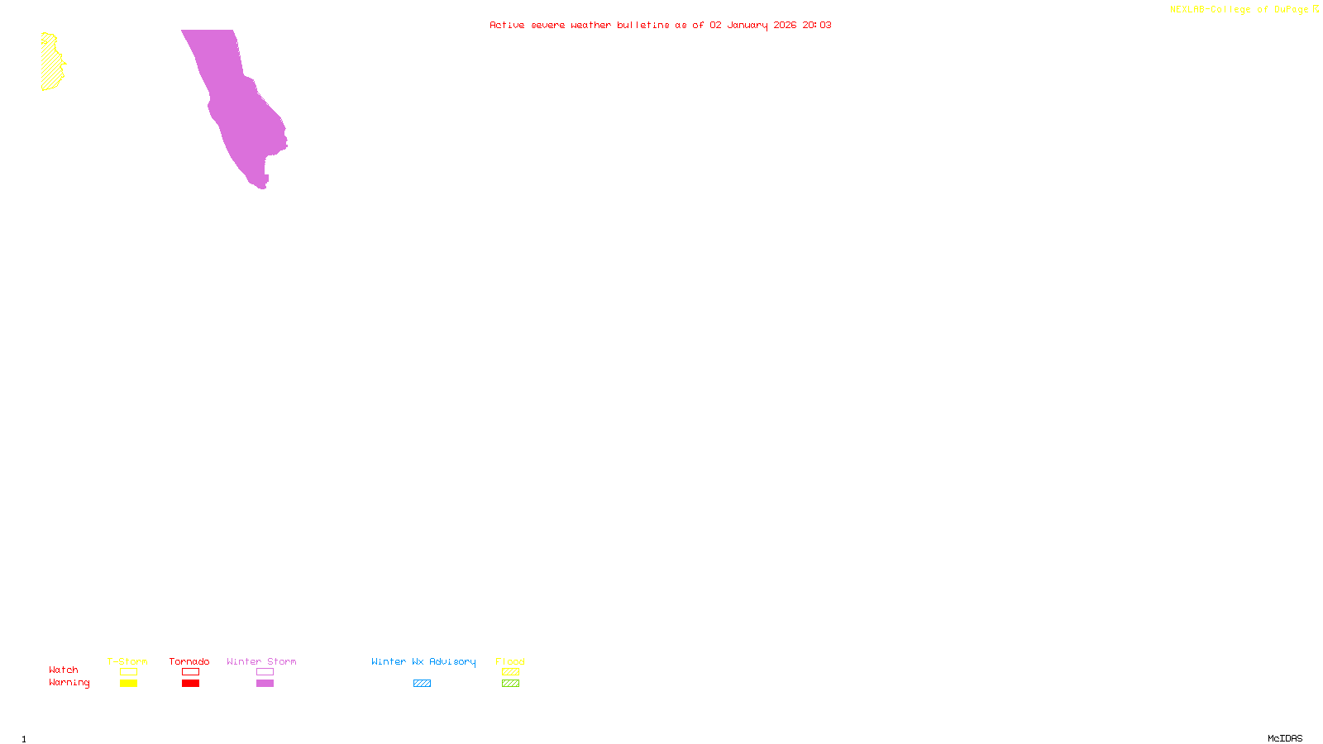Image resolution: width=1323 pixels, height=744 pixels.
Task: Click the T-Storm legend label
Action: (127, 661)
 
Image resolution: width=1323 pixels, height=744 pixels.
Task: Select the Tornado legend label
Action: (189, 661)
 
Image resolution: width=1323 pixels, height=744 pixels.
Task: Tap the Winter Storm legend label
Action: (261, 661)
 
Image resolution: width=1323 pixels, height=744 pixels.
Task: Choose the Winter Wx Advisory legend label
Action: (423, 661)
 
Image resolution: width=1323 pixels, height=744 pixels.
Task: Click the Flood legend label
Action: (510, 661)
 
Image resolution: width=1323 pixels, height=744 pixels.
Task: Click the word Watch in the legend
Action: (64, 670)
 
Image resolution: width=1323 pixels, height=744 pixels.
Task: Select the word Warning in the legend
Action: (69, 683)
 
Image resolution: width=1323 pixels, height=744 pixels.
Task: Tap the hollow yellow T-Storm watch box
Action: (128, 672)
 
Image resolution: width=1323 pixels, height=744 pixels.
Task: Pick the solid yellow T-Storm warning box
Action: (128, 684)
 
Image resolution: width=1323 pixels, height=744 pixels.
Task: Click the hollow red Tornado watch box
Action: (191, 672)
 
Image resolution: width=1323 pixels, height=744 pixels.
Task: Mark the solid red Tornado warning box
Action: (191, 684)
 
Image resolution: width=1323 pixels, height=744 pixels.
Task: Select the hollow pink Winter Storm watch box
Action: (265, 672)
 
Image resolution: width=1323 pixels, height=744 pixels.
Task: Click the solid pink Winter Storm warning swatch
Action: (265, 684)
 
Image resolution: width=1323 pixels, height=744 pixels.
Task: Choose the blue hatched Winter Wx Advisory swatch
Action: (422, 684)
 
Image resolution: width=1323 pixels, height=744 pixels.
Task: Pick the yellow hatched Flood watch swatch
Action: (511, 672)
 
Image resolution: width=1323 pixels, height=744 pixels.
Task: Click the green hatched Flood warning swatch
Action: (511, 684)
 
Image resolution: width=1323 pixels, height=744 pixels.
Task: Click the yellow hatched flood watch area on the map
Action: (51, 63)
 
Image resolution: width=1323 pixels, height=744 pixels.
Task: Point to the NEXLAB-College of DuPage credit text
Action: (1239, 10)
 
